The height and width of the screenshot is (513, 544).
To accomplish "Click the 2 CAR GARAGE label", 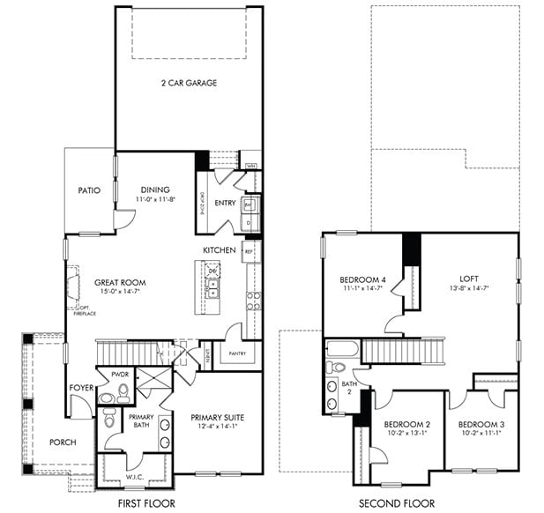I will [189, 83].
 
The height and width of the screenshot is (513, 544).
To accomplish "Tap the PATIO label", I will [89, 190].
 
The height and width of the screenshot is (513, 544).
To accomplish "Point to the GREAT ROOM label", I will [120, 283].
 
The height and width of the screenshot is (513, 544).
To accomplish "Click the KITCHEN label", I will [219, 250].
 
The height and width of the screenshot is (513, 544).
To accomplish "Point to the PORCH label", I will [63, 442].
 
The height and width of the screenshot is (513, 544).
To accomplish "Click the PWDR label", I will [120, 375].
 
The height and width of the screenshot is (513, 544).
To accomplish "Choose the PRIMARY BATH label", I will [142, 421].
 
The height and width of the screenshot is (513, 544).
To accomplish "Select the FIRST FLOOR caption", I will [146, 503].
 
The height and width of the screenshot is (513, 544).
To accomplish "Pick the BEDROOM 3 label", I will [481, 425].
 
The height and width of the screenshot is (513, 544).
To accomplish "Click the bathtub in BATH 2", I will [342, 349].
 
